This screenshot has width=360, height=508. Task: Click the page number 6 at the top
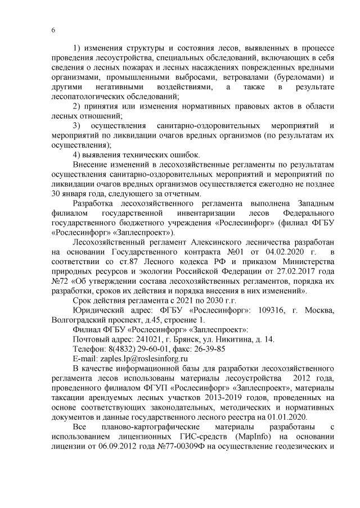[53, 30]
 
